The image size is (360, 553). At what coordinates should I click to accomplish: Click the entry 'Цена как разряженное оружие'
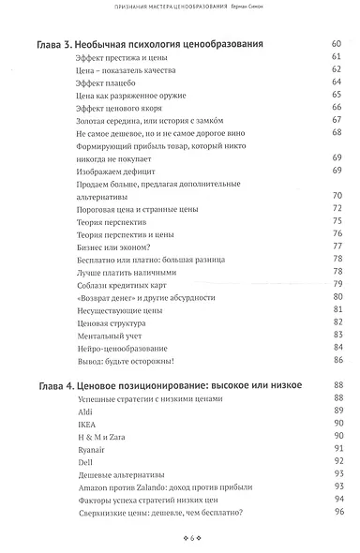[x=127, y=97]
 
